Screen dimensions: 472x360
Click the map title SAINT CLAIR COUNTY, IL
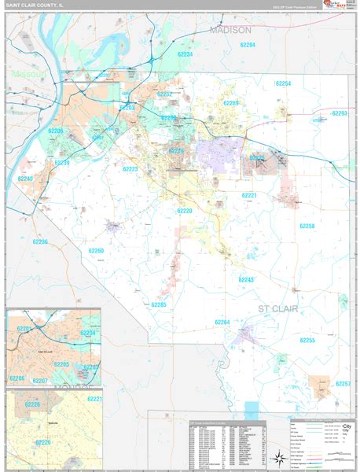coord(37,6)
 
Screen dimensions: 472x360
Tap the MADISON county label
coord(230,30)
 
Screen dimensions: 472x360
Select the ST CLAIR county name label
coord(278,309)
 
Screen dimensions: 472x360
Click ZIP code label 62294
coord(248,46)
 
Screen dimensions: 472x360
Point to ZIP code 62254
coord(283,83)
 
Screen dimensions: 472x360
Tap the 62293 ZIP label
coord(339,113)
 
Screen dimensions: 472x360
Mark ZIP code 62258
coord(307,226)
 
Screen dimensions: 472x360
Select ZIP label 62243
coord(247,280)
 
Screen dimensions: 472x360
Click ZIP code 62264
coord(222,322)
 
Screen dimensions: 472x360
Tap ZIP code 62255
coord(307,340)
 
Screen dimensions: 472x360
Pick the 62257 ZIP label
coord(342,383)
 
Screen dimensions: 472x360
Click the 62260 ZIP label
coord(96,250)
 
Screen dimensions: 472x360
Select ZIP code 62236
coord(40,242)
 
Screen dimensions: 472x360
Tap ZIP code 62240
coord(25,179)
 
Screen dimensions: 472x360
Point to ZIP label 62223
coord(130,169)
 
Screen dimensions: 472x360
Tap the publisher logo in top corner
coord(335,7)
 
